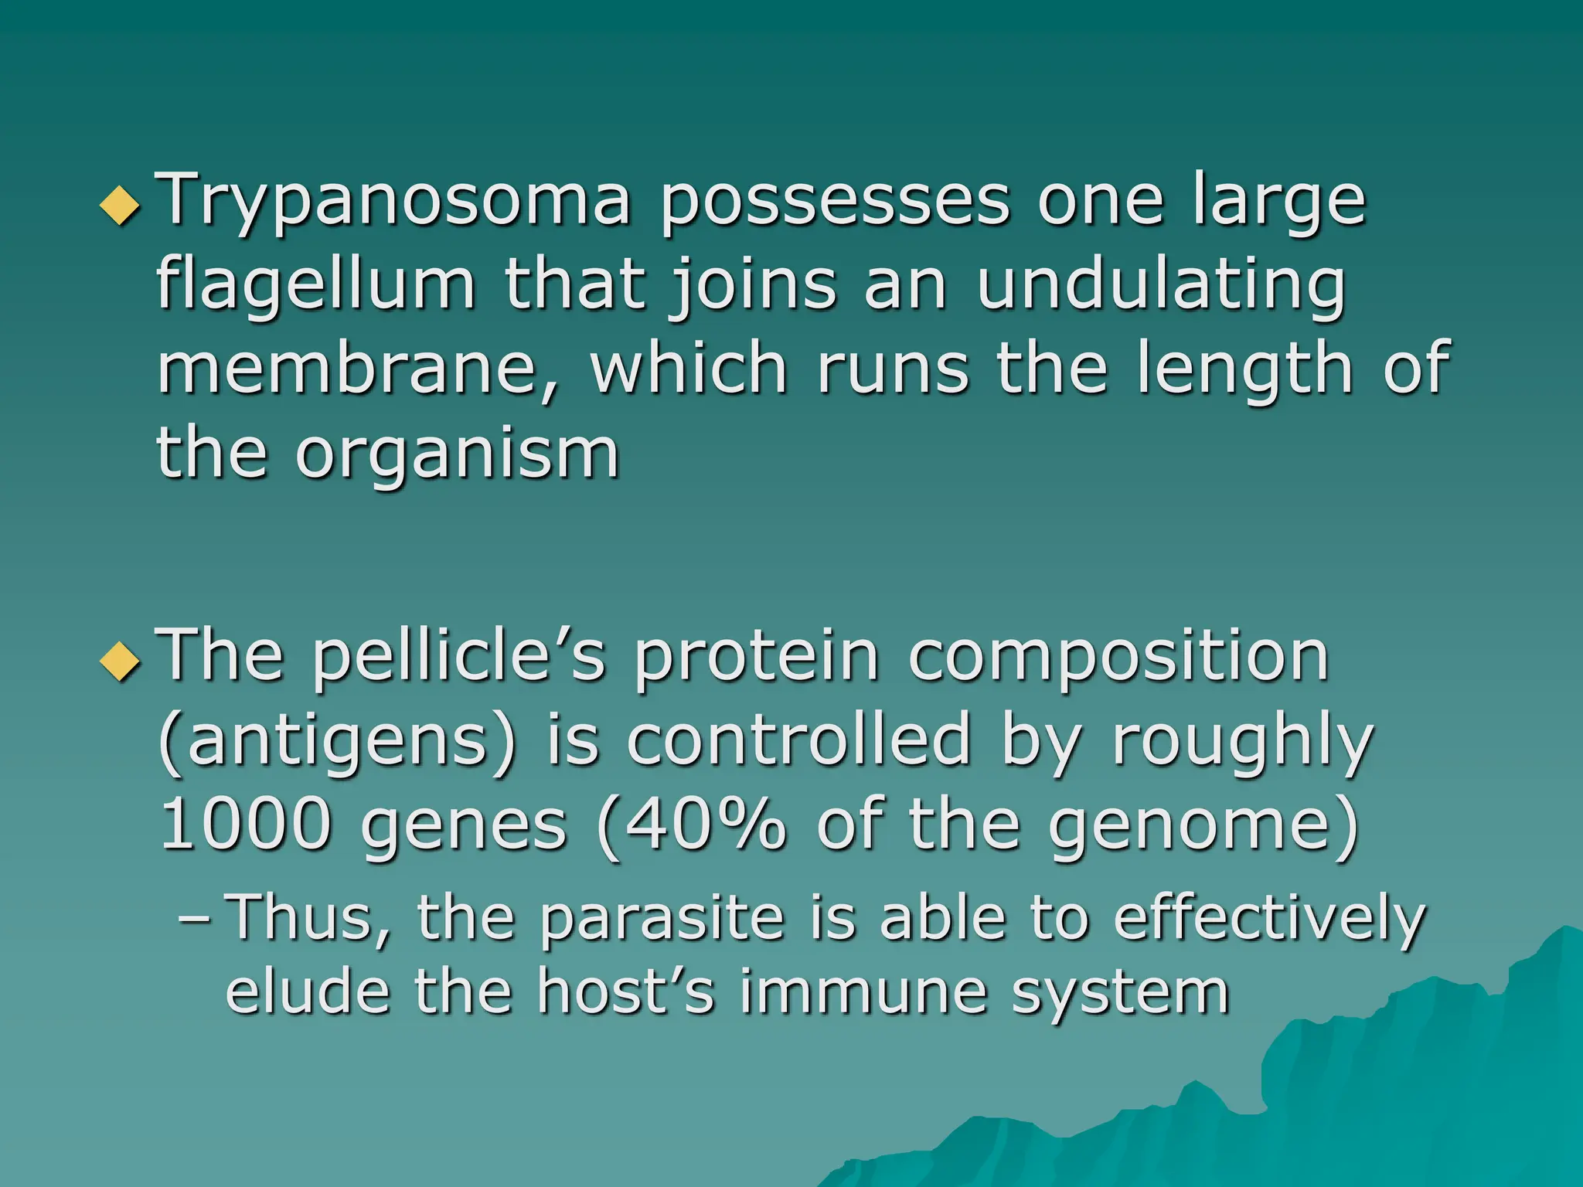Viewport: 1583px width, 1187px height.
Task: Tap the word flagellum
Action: [315, 286]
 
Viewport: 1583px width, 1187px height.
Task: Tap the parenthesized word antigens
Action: [337, 742]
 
